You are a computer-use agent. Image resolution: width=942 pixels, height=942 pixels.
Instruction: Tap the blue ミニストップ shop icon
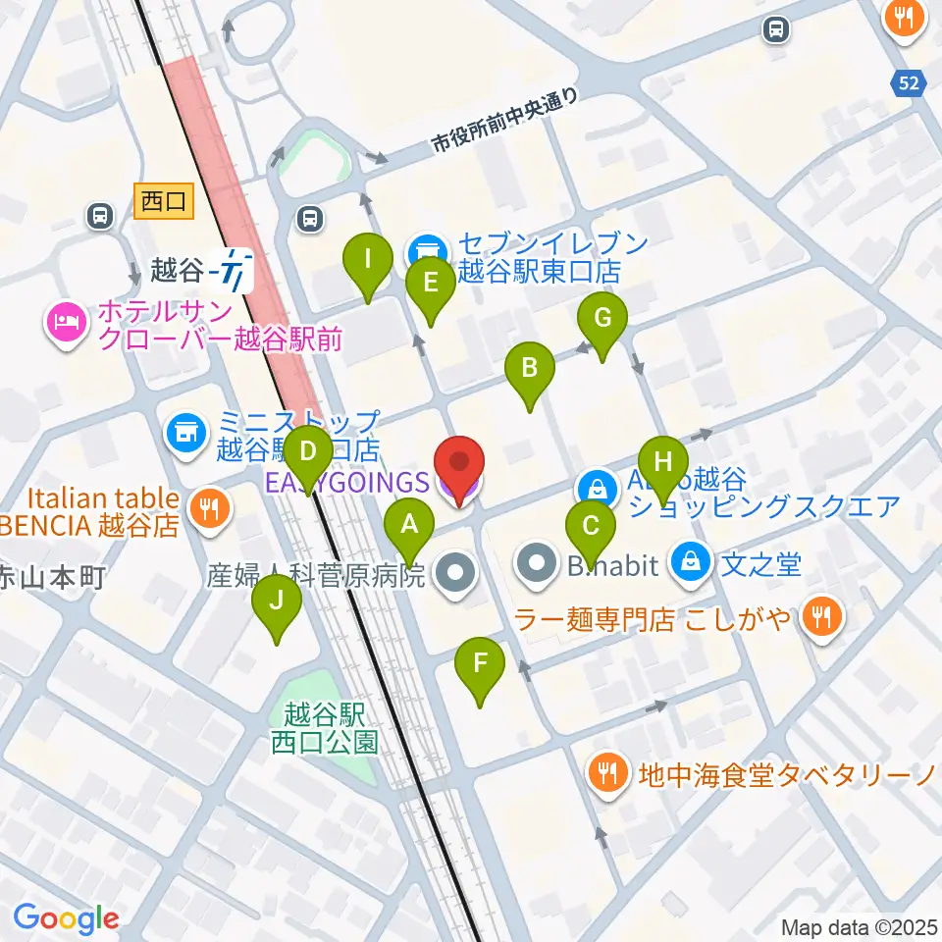[184, 430]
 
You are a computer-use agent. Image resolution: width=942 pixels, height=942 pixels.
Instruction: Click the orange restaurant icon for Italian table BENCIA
[207, 506]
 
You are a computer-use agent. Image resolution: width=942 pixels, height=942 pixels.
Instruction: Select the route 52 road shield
[910, 84]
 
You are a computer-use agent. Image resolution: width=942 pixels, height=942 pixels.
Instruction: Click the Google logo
[66, 918]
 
